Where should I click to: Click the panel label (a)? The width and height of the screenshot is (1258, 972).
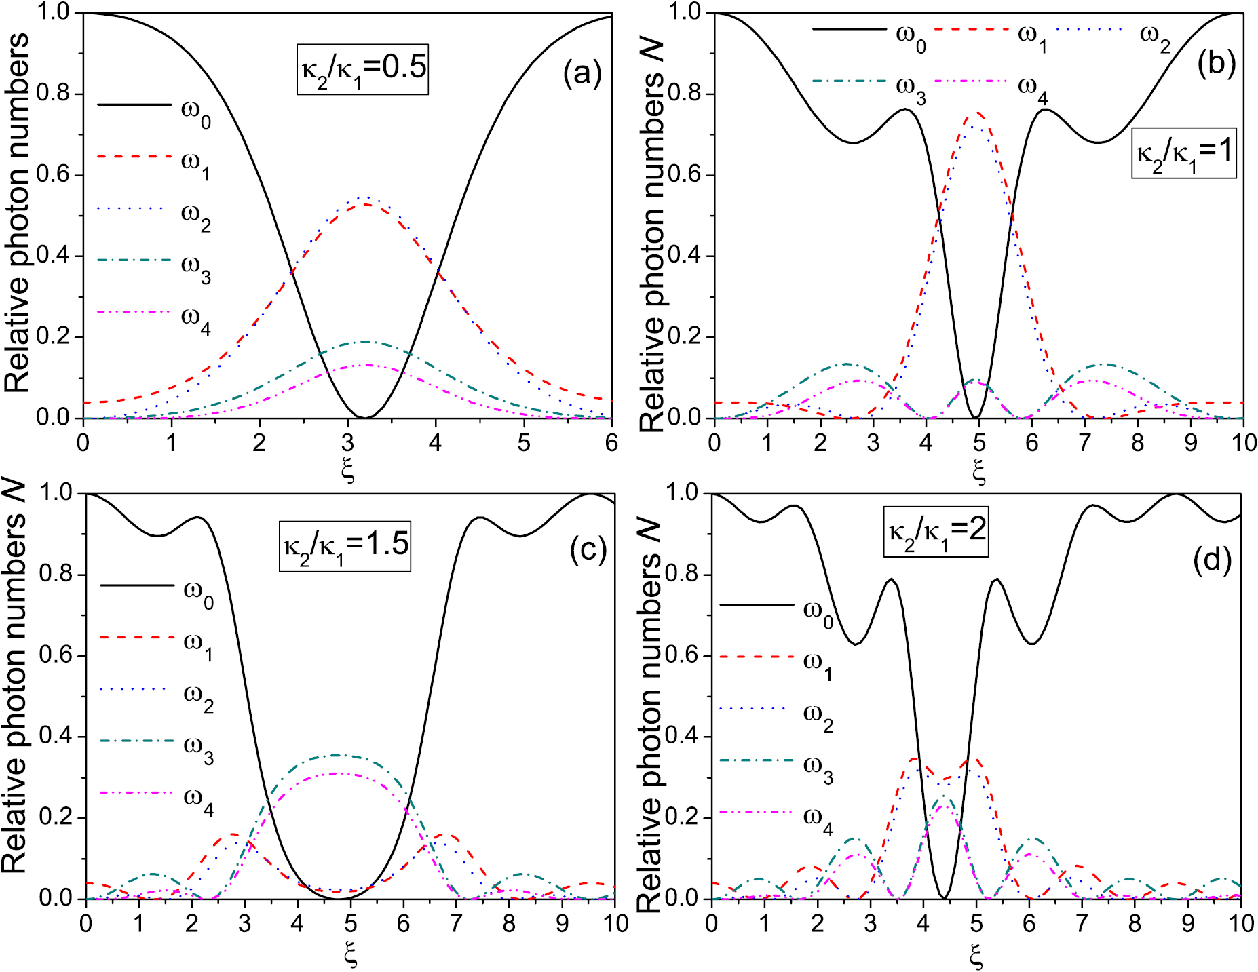coord(582,74)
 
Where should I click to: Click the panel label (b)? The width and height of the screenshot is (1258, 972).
coord(1216,63)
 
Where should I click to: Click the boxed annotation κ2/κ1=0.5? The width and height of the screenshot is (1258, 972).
coord(362,69)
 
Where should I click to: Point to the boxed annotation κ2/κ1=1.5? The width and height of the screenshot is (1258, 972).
coord(345,545)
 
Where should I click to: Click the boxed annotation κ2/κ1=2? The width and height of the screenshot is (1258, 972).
coord(935,531)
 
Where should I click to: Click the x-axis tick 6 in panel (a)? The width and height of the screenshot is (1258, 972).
coord(611,443)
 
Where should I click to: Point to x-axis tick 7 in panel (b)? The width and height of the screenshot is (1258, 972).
coord(1084,443)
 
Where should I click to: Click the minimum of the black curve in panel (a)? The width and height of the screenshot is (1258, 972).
coord(364,417)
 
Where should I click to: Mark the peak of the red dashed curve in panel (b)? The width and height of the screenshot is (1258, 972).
coord(978,113)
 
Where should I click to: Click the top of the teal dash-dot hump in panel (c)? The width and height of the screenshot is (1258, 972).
coord(336,755)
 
